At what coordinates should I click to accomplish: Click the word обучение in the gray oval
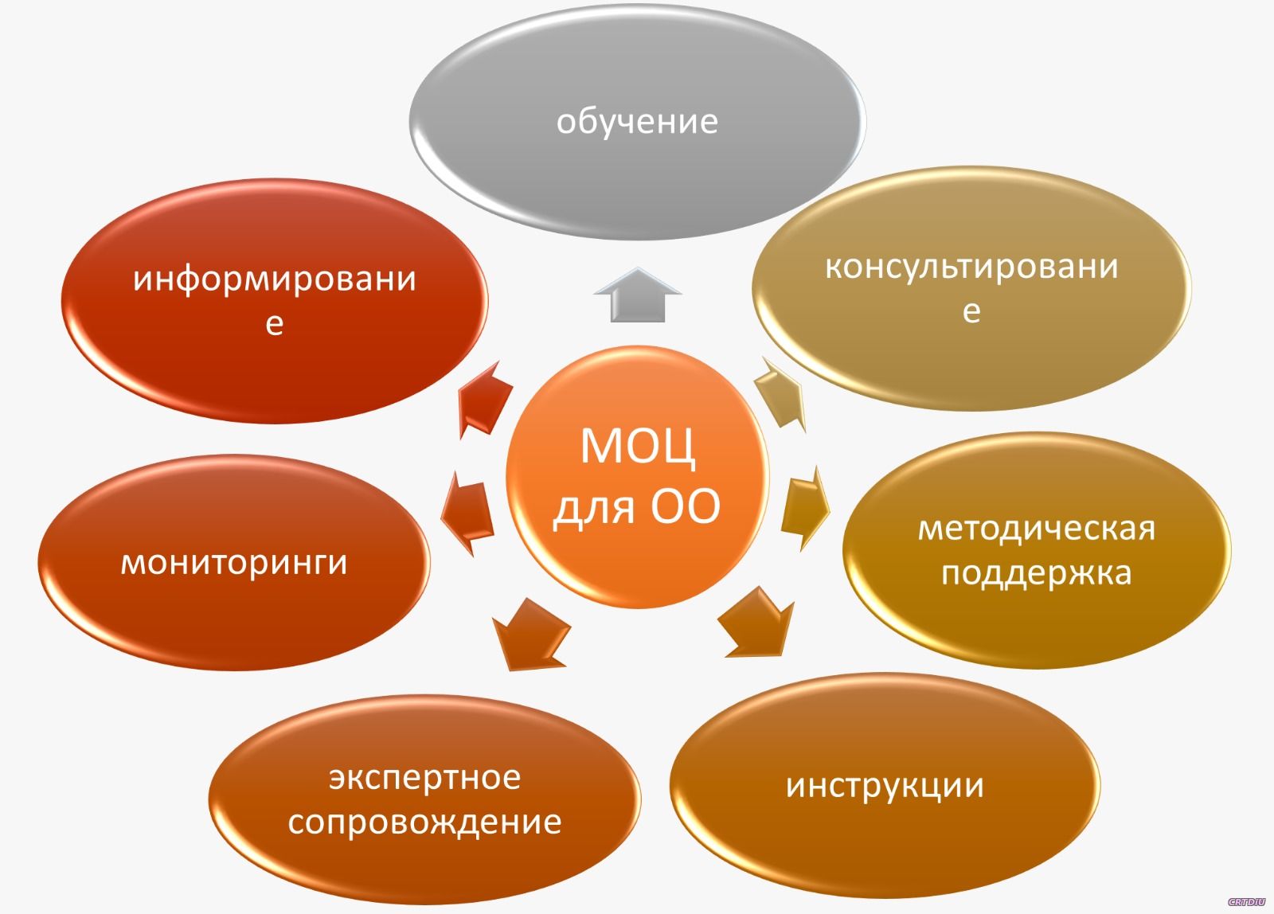[x=637, y=122]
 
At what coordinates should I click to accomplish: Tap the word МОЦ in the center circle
[x=638, y=446]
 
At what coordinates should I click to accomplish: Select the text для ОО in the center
[x=637, y=507]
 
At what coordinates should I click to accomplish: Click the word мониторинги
[x=234, y=564]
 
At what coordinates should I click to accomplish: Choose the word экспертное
[x=425, y=778]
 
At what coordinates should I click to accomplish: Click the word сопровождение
[x=425, y=822]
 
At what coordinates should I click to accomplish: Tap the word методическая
[x=1037, y=529]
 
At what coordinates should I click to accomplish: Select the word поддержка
[x=1036, y=572]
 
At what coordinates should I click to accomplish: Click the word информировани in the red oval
[x=275, y=279]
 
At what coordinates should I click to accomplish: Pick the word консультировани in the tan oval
[x=971, y=267]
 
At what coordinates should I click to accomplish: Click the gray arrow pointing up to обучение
[x=638, y=295]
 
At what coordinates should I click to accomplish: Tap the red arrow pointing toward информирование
[x=484, y=399]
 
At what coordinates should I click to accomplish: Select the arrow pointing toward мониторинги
[x=467, y=513]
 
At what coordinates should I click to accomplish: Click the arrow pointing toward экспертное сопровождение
[x=531, y=635]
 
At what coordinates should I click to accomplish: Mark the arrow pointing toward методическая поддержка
[x=805, y=508]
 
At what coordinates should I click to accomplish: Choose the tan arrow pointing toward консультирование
[x=780, y=393]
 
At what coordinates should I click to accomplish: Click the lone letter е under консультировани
[x=971, y=311]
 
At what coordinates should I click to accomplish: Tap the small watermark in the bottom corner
[x=1246, y=902]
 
